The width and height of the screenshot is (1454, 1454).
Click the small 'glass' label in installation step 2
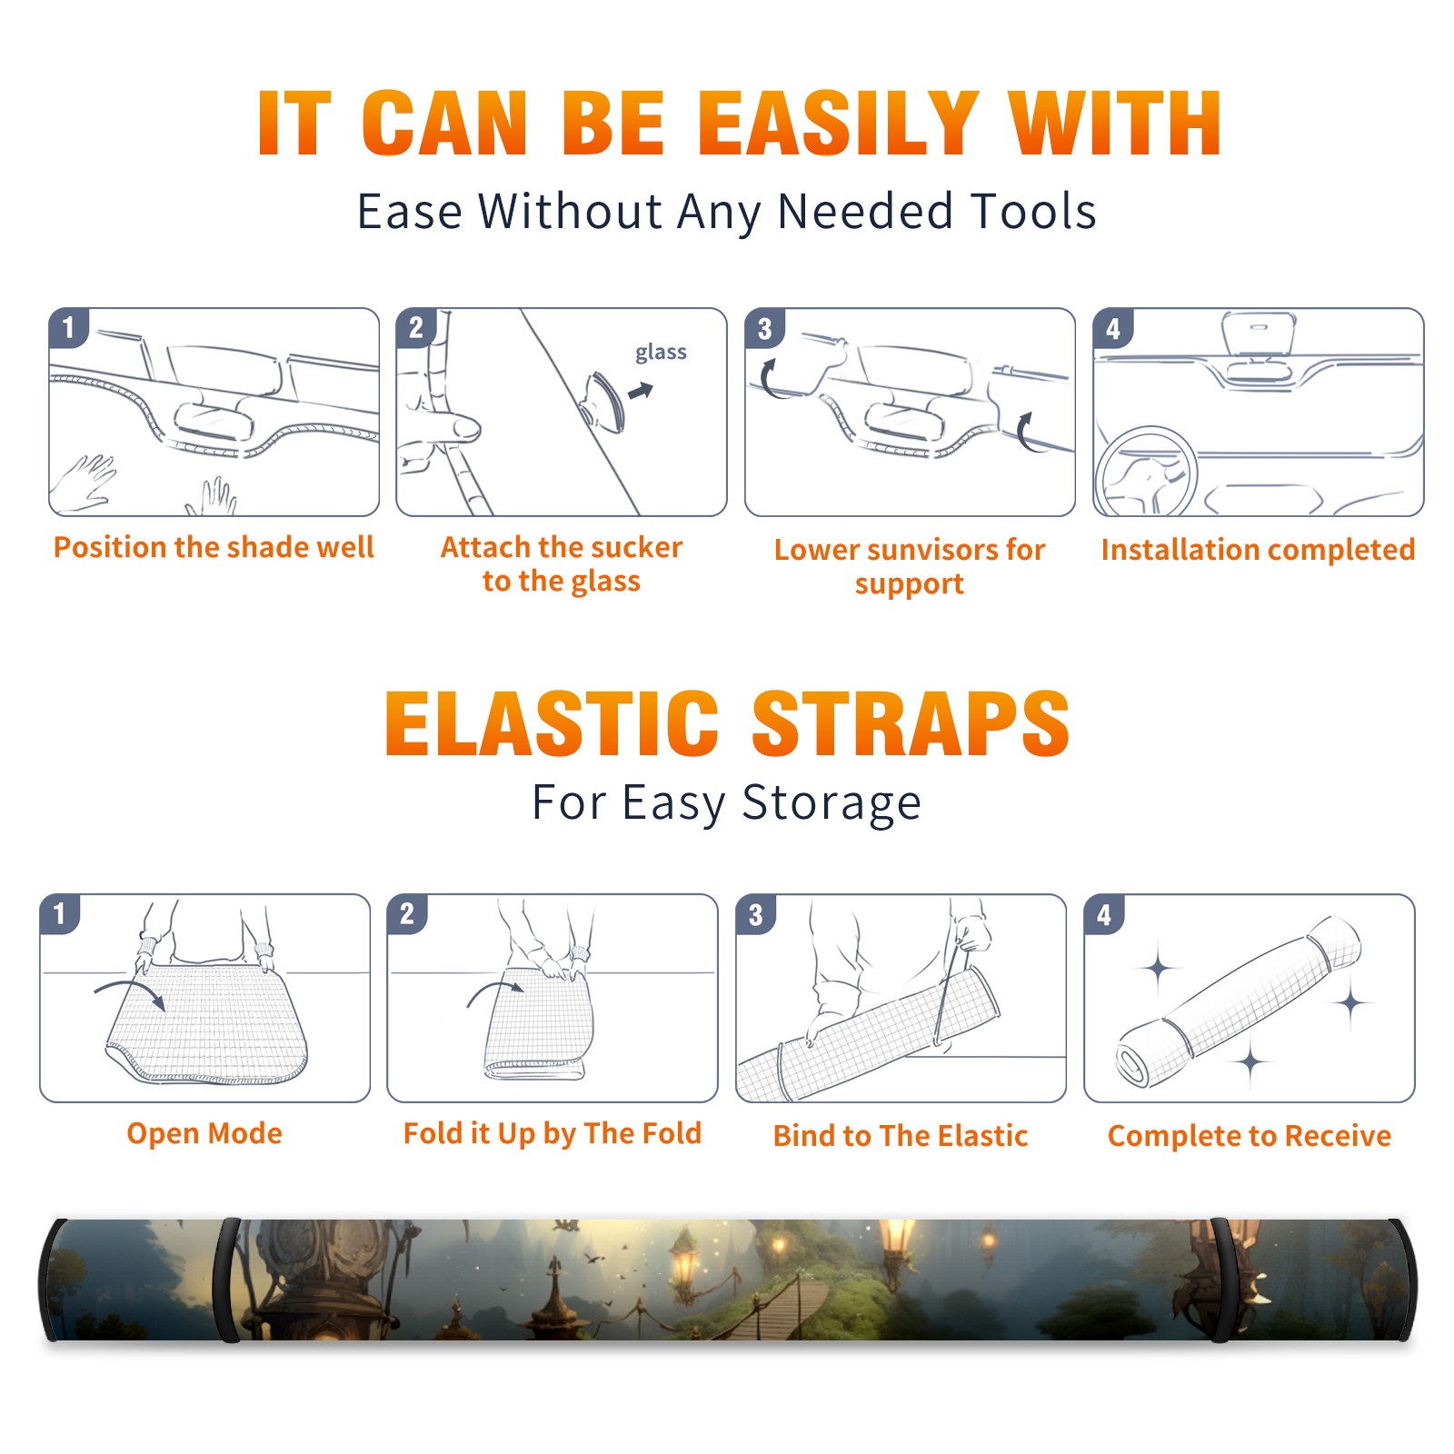[x=661, y=353]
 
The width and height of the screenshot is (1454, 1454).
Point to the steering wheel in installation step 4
[x=1146, y=472]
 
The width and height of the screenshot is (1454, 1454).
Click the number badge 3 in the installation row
[x=764, y=328]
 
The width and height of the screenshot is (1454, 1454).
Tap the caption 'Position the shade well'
[x=214, y=547]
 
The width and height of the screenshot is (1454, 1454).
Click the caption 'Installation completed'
[x=1258, y=549]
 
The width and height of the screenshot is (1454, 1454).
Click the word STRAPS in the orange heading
[x=911, y=723]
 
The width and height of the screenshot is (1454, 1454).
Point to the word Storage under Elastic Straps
[x=832, y=803]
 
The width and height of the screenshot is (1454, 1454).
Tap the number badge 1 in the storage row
[x=60, y=913]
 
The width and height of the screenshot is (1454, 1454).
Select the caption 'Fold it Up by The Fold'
[x=553, y=1133]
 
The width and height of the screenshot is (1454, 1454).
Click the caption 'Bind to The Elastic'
[x=901, y=1136]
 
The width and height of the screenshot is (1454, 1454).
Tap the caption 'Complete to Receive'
[x=1250, y=1136]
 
